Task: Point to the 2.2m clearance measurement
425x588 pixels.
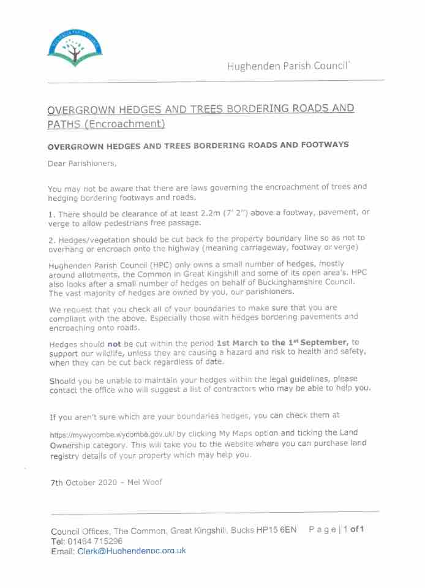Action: (x=205, y=212)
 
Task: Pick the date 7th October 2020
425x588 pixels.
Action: (x=83, y=482)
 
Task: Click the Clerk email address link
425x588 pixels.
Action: (x=132, y=551)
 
